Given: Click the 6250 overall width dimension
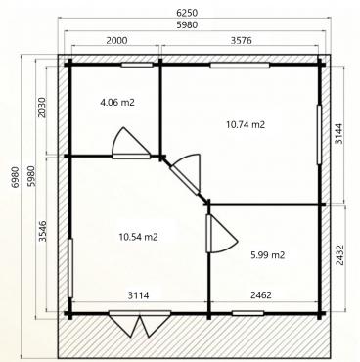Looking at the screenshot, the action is [187, 13].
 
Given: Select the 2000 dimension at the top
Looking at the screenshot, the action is [116, 40].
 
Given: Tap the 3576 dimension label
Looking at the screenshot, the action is [242, 40].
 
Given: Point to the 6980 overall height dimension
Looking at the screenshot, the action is [15, 177].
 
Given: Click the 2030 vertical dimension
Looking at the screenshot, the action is [42, 108].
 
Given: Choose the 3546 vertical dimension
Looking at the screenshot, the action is [42, 231].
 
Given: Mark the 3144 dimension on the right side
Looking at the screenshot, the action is [339, 134].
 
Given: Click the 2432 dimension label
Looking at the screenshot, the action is [339, 255].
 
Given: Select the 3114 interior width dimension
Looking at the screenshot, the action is [138, 295].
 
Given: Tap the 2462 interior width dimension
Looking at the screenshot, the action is [261, 295].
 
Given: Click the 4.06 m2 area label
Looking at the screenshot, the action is [117, 103].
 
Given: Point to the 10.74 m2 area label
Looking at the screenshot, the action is [246, 124].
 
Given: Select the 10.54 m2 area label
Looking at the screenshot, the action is [138, 237].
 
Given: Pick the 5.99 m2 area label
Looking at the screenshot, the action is [268, 255].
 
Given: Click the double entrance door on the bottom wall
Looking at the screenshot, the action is [140, 323].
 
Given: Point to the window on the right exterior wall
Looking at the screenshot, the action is [319, 134].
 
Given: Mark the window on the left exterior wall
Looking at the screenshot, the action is [70, 268].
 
